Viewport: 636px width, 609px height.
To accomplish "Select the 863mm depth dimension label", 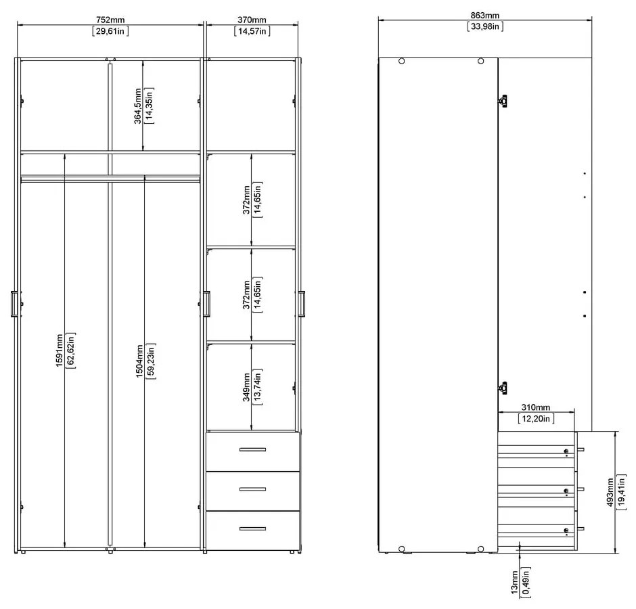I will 484,16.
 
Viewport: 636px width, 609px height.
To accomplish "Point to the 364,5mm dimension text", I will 138,106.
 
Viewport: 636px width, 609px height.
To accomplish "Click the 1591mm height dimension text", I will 60,350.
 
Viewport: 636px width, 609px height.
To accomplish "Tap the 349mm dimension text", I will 247,387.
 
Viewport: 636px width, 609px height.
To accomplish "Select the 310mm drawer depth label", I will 537,408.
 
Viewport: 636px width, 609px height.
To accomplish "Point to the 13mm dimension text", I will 515,583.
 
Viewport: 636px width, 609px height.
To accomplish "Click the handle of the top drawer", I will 252,449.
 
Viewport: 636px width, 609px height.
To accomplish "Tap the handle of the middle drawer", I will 252,489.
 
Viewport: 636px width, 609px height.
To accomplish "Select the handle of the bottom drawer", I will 252,528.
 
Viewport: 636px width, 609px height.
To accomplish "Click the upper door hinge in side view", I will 503,101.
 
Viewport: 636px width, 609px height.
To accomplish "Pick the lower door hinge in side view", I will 503,388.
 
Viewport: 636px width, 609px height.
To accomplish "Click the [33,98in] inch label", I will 484,26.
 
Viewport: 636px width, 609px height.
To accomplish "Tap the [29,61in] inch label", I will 110,31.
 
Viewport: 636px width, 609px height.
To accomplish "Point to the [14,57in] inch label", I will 251,31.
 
